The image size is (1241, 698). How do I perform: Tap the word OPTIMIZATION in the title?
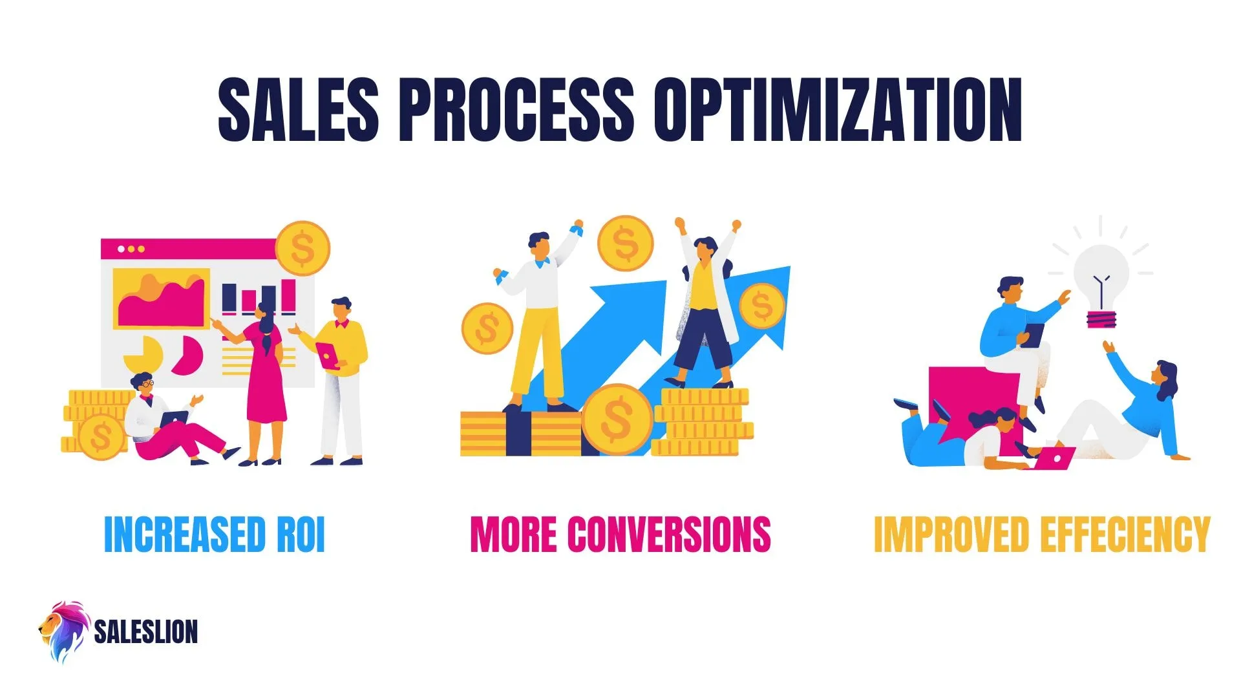click(x=838, y=109)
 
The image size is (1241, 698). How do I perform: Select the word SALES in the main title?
click(x=299, y=109)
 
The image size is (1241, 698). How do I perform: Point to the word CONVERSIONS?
click(x=669, y=535)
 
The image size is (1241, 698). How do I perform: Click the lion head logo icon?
click(x=63, y=631)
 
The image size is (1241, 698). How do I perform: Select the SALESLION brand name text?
click(x=146, y=632)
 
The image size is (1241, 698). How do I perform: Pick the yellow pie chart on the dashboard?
click(x=145, y=354)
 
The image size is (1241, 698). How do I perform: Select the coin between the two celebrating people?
click(x=625, y=243)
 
